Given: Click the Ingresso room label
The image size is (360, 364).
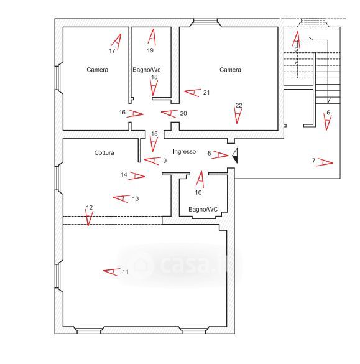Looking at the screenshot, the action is (185, 152).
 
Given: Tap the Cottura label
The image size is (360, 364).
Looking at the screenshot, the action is (104, 152).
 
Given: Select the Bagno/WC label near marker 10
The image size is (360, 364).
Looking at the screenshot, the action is (203, 210).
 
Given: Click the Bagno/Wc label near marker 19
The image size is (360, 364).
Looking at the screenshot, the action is (146, 70).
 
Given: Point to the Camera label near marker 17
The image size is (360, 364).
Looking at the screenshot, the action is (97, 70).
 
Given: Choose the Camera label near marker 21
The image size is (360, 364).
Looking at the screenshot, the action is (230, 70).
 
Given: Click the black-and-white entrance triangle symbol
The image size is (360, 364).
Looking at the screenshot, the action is (235, 156).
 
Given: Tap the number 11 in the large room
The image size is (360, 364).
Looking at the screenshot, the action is (126, 272).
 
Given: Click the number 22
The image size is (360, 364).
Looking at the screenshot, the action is (239, 105).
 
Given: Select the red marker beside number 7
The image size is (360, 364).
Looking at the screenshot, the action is (325, 162).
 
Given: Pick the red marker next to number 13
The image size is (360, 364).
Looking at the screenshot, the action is (121, 198).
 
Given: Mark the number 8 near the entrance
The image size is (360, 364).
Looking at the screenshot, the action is (210, 153).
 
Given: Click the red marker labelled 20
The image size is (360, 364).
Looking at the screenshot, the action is (169, 113).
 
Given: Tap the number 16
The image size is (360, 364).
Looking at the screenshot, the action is (122, 113).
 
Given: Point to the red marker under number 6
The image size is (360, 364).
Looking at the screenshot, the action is (328, 121).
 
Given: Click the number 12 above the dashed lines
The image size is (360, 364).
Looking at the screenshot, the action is (90, 207).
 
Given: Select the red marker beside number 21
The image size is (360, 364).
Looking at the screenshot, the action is (192, 92).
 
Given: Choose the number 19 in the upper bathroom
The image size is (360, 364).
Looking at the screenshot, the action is (150, 50).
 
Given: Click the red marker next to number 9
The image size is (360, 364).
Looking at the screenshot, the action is (152, 161).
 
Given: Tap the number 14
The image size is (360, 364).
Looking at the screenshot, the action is (124, 175).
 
